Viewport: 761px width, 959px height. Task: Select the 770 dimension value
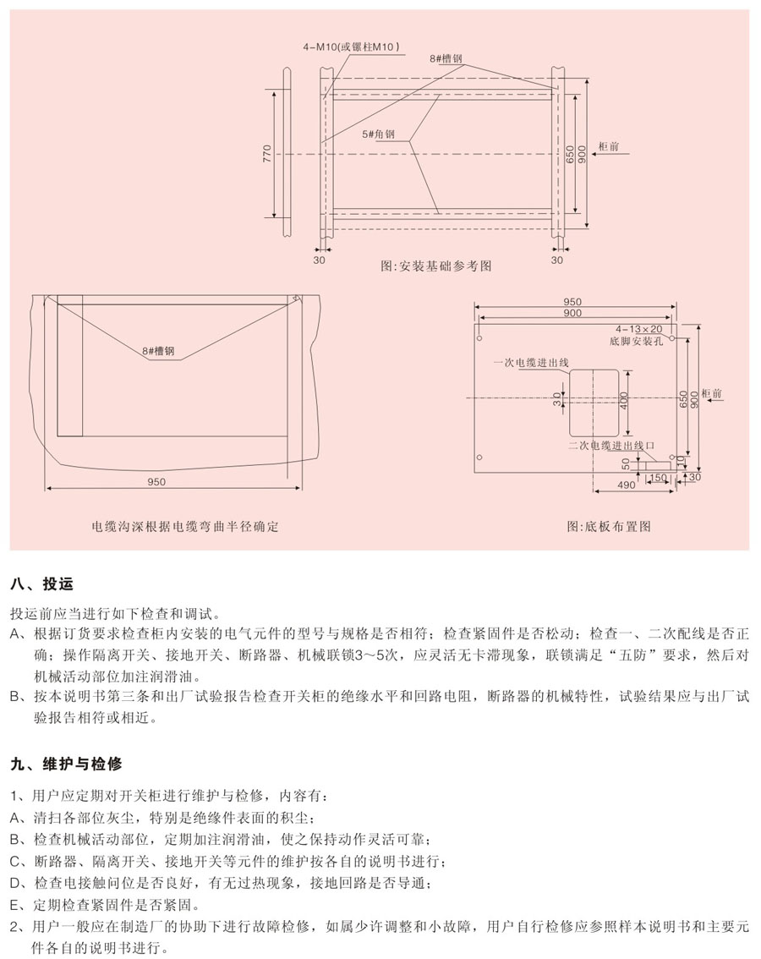click(x=266, y=154)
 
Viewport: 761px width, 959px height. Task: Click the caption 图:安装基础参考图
click(x=436, y=266)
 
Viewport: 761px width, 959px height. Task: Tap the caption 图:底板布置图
click(x=609, y=526)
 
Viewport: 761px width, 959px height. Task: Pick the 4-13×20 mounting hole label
click(x=639, y=328)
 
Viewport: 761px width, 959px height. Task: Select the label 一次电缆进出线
click(x=531, y=363)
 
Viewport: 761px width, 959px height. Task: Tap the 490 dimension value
click(x=627, y=485)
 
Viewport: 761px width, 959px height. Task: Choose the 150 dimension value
click(x=655, y=478)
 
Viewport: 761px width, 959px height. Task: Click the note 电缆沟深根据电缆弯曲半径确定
click(x=185, y=526)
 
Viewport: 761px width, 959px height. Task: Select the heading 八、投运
click(x=41, y=584)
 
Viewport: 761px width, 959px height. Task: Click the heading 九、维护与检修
click(x=66, y=764)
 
